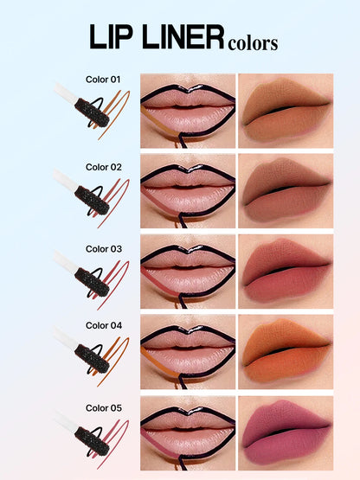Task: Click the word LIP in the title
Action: pyautogui.click(x=115, y=38)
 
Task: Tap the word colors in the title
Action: pyautogui.click(x=253, y=42)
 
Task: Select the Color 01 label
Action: pyautogui.click(x=103, y=79)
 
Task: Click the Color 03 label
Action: pyautogui.click(x=103, y=248)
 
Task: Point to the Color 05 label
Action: pyautogui.click(x=103, y=406)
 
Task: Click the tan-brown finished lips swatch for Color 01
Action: pyautogui.click(x=285, y=108)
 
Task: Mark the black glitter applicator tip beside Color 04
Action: pyautogui.click(x=90, y=354)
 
